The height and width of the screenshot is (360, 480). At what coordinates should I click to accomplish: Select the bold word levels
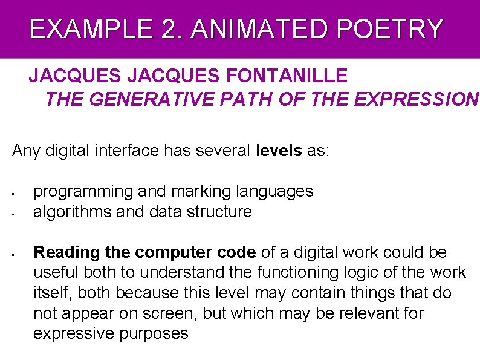click(x=279, y=150)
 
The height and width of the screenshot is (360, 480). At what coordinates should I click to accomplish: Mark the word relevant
click(x=365, y=313)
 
